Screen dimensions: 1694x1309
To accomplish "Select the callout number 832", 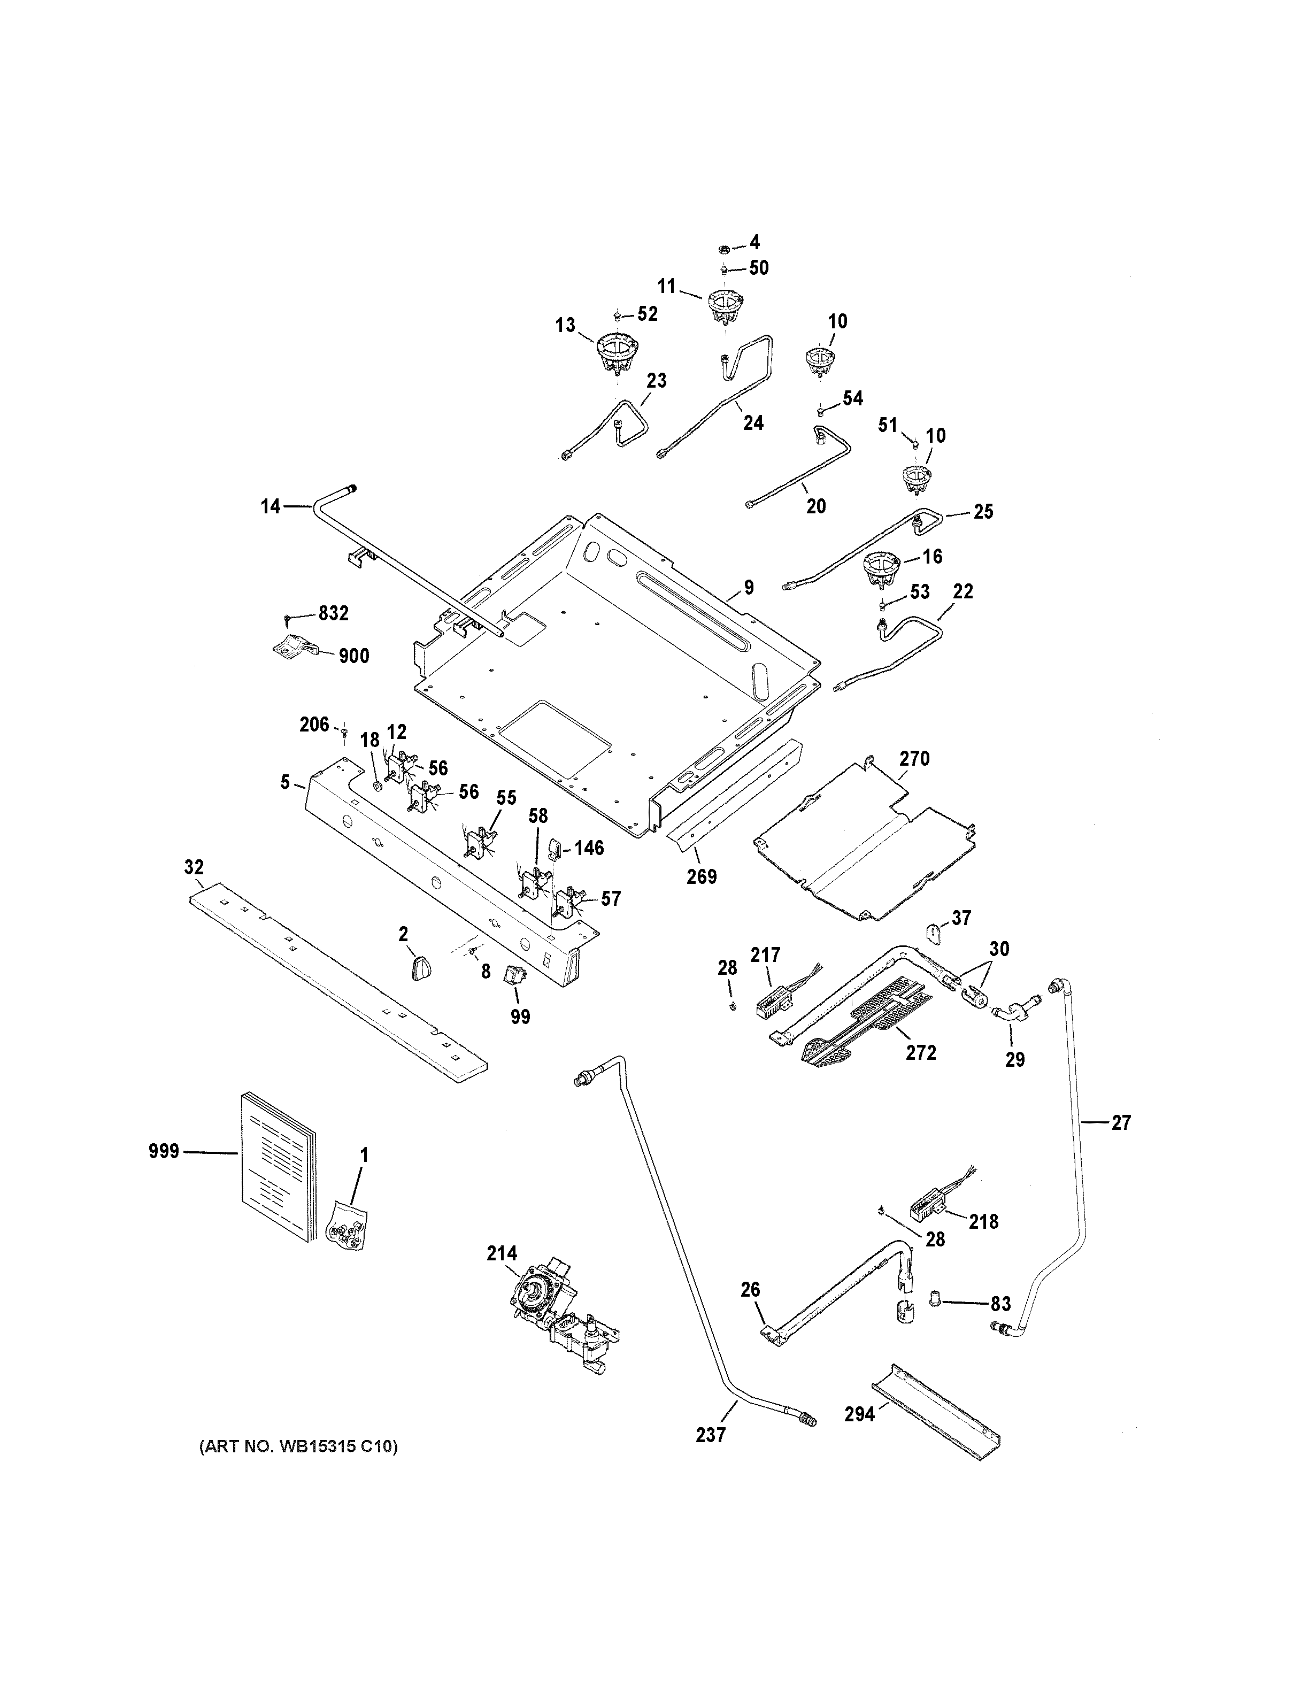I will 334,613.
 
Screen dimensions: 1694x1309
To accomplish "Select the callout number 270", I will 914,759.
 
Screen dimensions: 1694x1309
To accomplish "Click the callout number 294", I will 859,1414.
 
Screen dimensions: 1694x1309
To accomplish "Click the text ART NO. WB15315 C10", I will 298,1446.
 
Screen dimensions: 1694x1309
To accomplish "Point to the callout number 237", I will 710,1435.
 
